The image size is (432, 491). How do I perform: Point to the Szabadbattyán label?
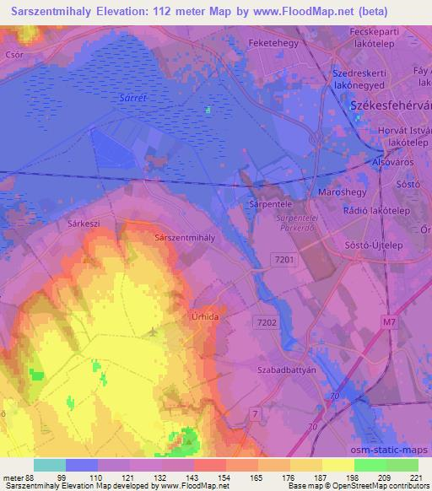tap(284, 370)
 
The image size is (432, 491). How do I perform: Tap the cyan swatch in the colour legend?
tap(50, 465)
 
